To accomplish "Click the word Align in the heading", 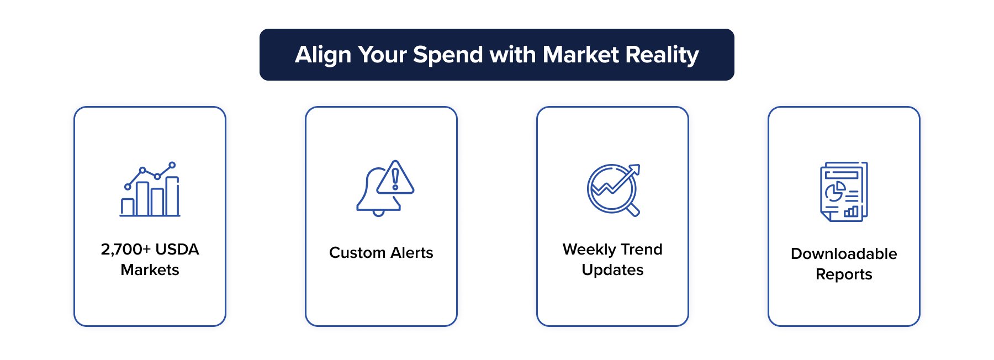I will click(322, 55).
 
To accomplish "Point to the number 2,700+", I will click(125, 250).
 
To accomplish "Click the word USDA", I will click(177, 250).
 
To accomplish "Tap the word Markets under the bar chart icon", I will click(150, 270).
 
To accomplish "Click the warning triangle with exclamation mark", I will click(395, 179).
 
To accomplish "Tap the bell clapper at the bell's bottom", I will click(378, 213).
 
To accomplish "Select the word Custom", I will click(357, 253).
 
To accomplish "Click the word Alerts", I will click(411, 253).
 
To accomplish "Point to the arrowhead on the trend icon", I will click(635, 168).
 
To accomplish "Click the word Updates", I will click(612, 270).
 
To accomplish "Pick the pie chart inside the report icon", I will click(834, 192).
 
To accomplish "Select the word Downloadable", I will click(844, 254).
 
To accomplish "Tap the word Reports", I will click(844, 274).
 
